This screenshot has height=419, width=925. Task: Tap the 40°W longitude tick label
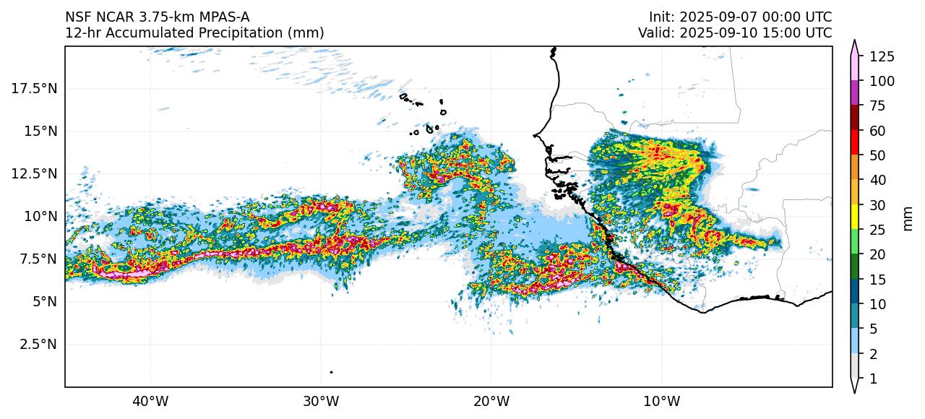(x=150, y=400)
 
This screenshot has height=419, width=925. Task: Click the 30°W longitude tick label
(x=321, y=400)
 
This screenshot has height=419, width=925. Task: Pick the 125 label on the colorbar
(x=882, y=56)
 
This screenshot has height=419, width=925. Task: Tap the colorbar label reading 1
(x=873, y=379)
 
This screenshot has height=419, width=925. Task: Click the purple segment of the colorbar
(x=855, y=93)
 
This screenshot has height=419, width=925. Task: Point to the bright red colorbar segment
(x=855, y=142)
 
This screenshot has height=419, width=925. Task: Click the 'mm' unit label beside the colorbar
(x=908, y=217)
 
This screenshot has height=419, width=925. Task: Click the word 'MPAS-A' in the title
(x=225, y=17)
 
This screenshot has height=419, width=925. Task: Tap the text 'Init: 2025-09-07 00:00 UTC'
(x=740, y=17)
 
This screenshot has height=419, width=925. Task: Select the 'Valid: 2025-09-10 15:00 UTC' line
(x=734, y=33)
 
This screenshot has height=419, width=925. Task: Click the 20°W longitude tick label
(x=491, y=400)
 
